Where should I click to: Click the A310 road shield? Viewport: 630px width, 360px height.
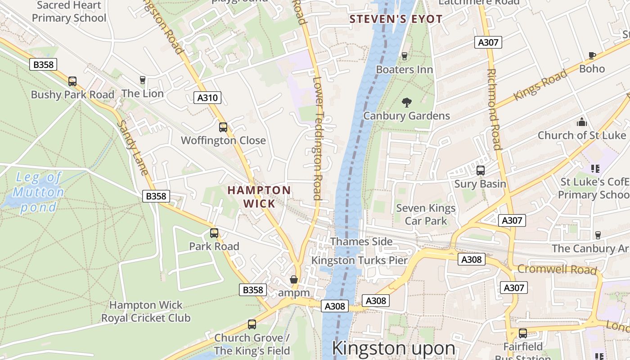[207, 97]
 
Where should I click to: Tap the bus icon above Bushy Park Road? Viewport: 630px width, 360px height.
[72, 81]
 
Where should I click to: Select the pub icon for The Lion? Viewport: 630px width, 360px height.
[143, 80]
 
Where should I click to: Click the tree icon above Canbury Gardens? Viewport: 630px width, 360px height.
[406, 103]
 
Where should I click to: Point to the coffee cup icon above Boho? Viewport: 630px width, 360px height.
[592, 55]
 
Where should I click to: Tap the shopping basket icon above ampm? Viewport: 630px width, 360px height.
[294, 279]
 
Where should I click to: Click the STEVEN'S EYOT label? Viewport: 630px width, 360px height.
[396, 19]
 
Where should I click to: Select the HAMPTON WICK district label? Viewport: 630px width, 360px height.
[259, 197]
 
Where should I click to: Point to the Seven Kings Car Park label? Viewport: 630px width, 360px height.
[426, 214]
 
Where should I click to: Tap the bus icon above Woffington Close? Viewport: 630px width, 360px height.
[223, 127]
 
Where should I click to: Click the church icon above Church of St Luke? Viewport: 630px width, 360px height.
[582, 122]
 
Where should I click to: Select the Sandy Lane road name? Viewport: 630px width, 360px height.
[132, 147]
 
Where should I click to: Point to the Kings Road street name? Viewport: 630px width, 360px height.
[540, 85]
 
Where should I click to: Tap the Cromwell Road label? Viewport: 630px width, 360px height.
[557, 269]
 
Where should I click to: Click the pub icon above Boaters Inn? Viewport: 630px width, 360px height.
[404, 56]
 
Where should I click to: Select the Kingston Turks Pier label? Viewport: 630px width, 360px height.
[360, 260]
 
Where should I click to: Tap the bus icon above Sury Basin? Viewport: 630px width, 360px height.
[480, 171]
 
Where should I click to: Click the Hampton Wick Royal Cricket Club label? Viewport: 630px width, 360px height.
[146, 311]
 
